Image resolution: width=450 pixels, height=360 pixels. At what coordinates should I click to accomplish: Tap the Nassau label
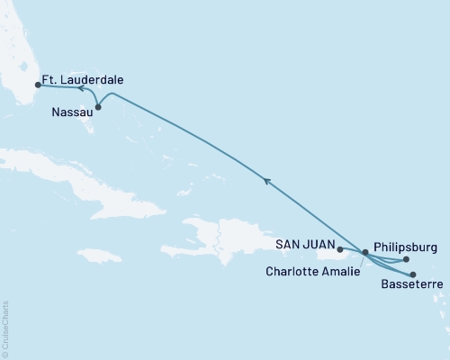[67, 114]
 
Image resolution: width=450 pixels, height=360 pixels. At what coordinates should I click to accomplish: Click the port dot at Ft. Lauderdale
[37, 86]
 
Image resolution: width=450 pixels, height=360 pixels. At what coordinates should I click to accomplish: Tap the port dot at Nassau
[98, 108]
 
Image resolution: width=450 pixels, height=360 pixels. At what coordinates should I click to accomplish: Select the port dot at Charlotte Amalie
[364, 253]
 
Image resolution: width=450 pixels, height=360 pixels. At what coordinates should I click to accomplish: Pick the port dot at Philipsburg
[407, 260]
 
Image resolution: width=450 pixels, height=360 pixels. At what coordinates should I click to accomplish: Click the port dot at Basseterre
[413, 274]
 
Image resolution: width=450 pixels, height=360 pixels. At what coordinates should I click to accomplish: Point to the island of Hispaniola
[216, 238]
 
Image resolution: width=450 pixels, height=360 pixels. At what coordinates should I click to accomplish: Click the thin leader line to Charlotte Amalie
[358, 262]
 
